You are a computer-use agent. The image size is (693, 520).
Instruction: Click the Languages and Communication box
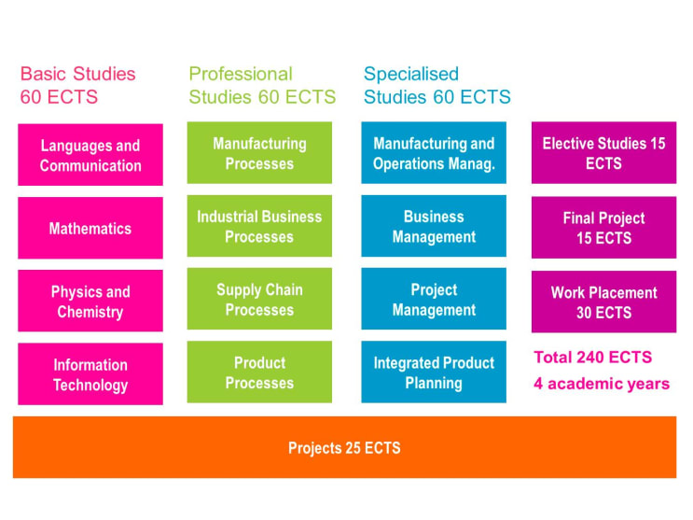point(90,155)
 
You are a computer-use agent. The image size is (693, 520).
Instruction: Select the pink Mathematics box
point(90,228)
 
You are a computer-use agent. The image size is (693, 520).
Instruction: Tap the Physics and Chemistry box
point(90,301)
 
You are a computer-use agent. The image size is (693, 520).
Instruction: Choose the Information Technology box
point(90,374)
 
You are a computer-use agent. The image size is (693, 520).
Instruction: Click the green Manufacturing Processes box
point(259,153)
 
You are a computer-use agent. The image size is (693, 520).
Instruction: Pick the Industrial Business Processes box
point(259,226)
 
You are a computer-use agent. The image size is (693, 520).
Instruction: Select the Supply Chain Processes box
point(259,299)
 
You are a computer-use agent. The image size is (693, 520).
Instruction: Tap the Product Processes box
point(259,372)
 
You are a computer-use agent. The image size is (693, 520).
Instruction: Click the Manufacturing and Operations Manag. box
point(434,153)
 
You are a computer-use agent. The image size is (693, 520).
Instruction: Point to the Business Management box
point(434,226)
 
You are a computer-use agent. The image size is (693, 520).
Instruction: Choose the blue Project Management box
point(434,299)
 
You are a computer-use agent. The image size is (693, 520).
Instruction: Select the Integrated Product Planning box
point(434,372)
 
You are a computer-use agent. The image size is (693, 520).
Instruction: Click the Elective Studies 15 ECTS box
point(603,153)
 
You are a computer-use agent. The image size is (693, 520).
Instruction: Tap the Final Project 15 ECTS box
point(603,228)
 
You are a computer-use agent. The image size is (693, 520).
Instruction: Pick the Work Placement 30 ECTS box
point(603,302)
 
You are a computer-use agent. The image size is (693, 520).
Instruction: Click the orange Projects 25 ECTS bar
point(345,447)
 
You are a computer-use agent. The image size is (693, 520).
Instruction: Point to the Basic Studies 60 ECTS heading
point(77,85)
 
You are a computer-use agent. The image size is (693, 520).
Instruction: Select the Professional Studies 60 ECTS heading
point(262,85)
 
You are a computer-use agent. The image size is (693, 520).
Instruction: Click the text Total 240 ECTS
point(592,358)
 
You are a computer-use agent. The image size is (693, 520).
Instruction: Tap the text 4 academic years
point(602,384)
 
